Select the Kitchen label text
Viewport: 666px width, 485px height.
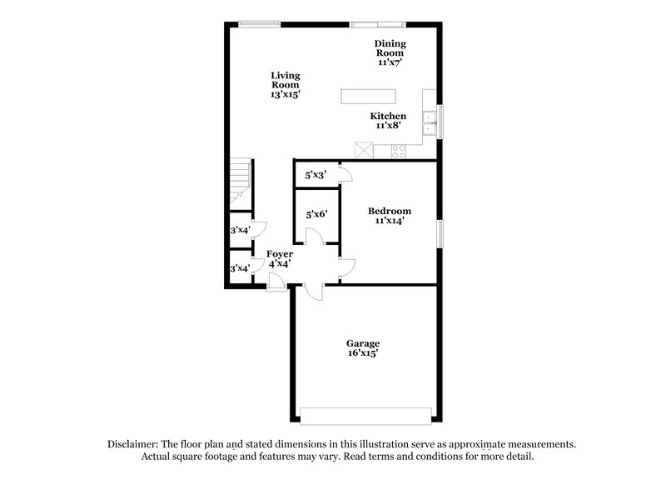[389, 116]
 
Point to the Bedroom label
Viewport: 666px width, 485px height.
[390, 211]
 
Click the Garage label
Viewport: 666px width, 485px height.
[363, 342]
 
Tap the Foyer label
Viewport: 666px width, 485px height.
[279, 253]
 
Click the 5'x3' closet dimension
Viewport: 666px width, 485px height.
[316, 175]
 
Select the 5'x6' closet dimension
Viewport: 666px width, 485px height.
[316, 214]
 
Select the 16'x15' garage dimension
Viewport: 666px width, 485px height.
[363, 352]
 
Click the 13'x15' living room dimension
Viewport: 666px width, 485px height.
[285, 95]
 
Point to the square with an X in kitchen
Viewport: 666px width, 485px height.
[363, 151]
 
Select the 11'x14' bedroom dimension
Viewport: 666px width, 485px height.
[390, 221]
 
